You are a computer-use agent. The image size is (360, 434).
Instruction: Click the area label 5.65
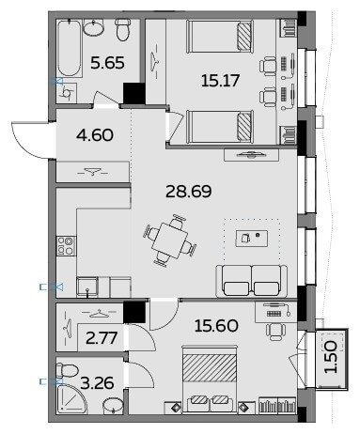pos(107,63)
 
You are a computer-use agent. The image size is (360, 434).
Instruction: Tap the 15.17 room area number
pos(220,80)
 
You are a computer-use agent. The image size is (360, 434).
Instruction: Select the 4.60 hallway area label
pos(95,135)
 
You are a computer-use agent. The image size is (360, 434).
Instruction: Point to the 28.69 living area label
pos(189,192)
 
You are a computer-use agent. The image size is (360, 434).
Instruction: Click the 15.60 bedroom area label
pos(216,326)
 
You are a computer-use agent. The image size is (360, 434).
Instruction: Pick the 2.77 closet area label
pos(102,338)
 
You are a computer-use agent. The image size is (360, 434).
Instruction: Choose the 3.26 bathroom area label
pos(97,383)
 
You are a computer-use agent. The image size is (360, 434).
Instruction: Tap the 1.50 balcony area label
pos(331,357)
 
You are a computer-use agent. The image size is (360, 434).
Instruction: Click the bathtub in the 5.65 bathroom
pos(70,48)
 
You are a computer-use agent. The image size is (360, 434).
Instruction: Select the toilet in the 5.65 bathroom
pos(123,29)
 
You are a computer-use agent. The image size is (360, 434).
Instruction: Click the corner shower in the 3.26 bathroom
pos(71,398)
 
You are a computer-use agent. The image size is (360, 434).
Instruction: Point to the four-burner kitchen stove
pos(66,246)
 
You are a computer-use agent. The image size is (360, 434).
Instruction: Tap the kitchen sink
pos(87,287)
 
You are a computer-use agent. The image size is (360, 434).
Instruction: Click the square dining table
pos(170,240)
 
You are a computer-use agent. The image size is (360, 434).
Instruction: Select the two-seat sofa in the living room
pos(252,281)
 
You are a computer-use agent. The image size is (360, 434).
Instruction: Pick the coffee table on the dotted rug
pos(252,238)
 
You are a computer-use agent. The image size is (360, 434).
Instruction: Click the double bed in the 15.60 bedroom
pos(210,380)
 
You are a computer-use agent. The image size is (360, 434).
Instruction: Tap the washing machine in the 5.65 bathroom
pos(67,93)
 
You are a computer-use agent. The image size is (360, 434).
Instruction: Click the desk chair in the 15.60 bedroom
pos(275,332)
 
